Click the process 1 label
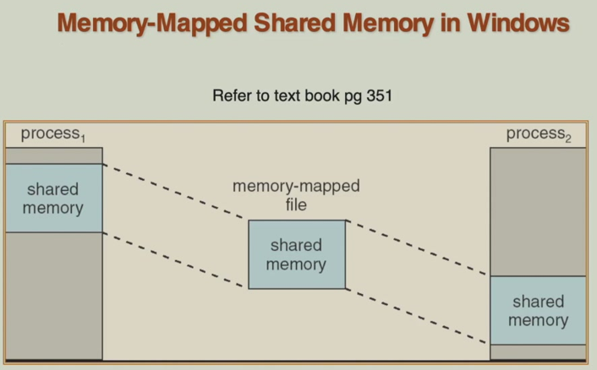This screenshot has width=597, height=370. (52, 134)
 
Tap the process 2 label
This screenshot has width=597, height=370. (538, 134)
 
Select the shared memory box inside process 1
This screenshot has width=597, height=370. (53, 199)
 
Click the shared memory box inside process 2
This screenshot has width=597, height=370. (538, 310)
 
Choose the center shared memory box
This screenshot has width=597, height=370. (296, 254)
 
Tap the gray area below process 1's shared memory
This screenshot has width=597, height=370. (53, 296)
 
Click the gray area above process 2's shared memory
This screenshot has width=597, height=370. (538, 211)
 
